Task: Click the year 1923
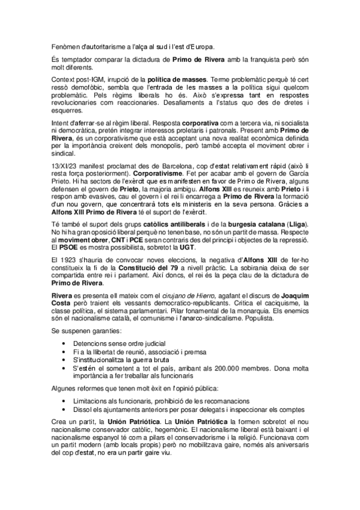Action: tap(71, 259)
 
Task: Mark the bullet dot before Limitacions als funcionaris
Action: tap(64, 401)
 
